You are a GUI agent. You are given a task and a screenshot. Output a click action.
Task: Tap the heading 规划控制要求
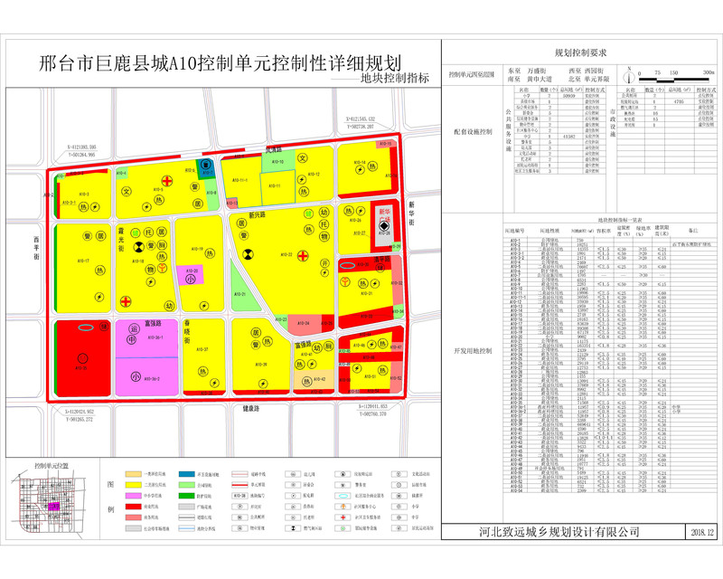pyautogui.click(x=585, y=54)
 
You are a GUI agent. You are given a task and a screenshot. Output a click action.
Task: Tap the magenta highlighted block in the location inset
pyautogui.click(x=55, y=508)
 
